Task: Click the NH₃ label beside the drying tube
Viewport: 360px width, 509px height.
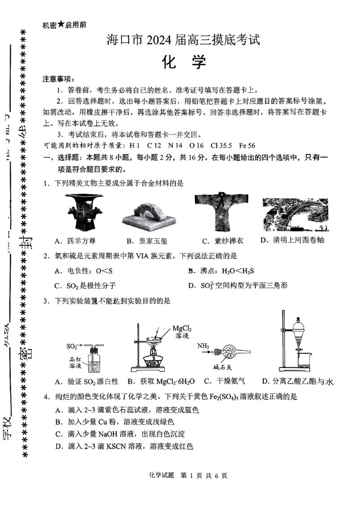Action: pos(203,346)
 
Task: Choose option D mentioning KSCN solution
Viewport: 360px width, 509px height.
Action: pos(128,446)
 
